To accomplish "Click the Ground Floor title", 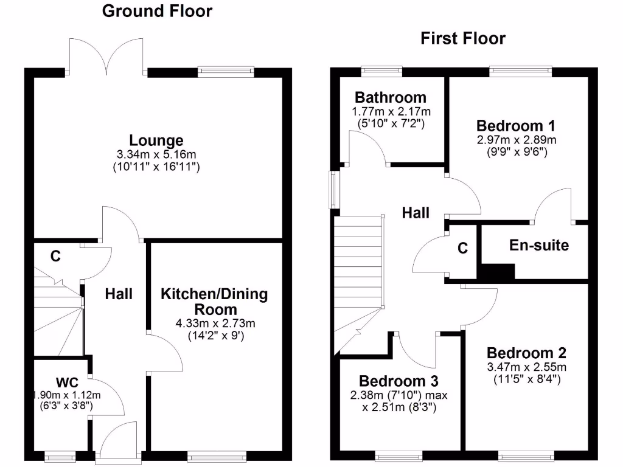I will click(157, 11).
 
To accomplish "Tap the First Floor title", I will click(463, 39).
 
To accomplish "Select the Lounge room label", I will click(156, 140).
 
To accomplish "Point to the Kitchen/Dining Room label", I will click(214, 301).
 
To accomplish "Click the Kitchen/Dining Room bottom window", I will click(217, 455).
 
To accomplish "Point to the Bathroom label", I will click(391, 97).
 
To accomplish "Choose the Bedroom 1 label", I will click(515, 126).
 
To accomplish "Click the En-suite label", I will click(539, 245).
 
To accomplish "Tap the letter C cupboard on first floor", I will click(462, 248).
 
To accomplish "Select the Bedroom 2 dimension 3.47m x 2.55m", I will click(527, 367).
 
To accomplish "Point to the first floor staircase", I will click(359, 274).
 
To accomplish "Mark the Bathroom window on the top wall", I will click(381, 71).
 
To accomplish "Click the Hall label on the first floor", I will click(416, 213).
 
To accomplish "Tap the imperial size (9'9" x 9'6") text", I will click(516, 151).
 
